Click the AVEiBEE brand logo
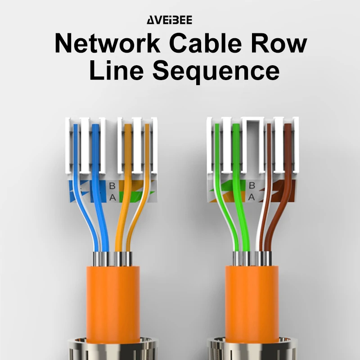(x=170, y=20)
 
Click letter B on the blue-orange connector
(x=112, y=185)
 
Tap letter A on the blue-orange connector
(x=112, y=197)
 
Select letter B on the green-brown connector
(x=252, y=185)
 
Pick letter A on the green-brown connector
(x=252, y=197)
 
